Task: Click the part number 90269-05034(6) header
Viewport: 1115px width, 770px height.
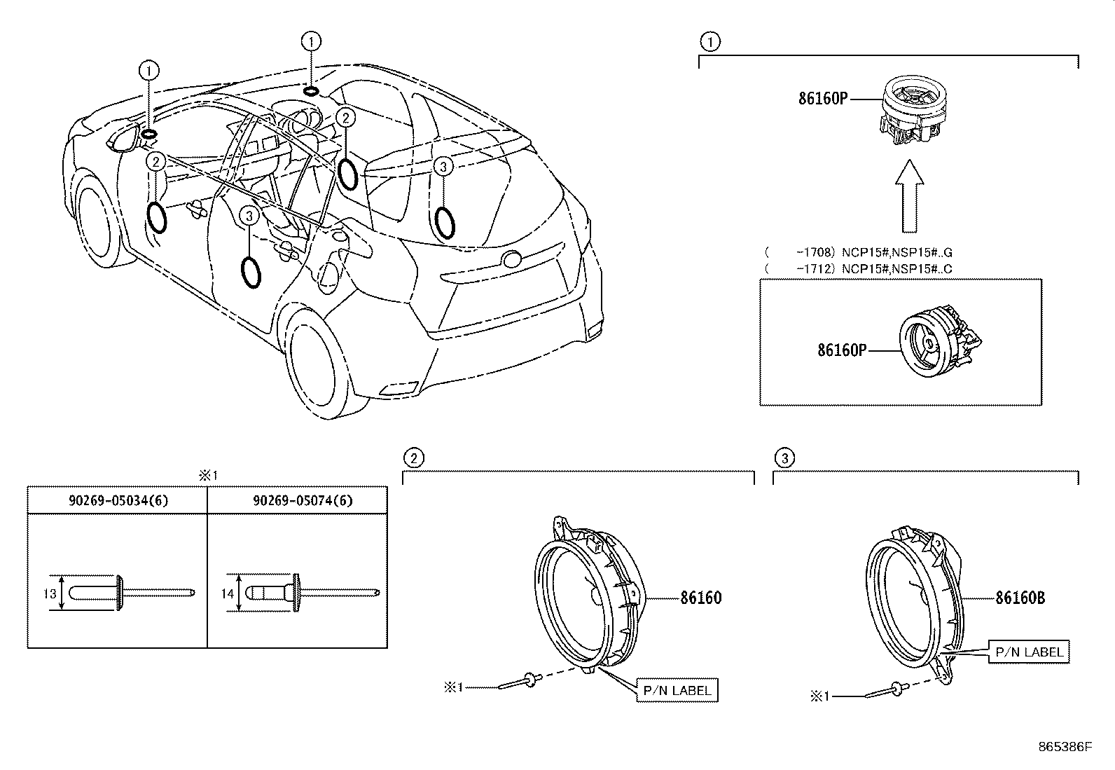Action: pos(118,500)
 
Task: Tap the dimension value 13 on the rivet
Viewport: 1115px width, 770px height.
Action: pos(49,594)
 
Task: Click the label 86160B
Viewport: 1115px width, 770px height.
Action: pos(1020,598)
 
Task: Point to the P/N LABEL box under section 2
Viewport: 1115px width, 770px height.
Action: pos(677,690)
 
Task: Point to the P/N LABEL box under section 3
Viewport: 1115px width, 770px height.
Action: pos(1029,652)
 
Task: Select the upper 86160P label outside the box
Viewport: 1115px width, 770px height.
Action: pos(822,98)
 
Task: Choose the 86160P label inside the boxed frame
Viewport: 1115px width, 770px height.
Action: pos(842,349)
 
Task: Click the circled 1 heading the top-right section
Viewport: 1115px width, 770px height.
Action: pos(709,42)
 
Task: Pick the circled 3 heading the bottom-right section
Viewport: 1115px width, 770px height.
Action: pos(784,458)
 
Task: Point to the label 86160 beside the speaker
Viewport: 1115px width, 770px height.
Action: pos(700,598)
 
